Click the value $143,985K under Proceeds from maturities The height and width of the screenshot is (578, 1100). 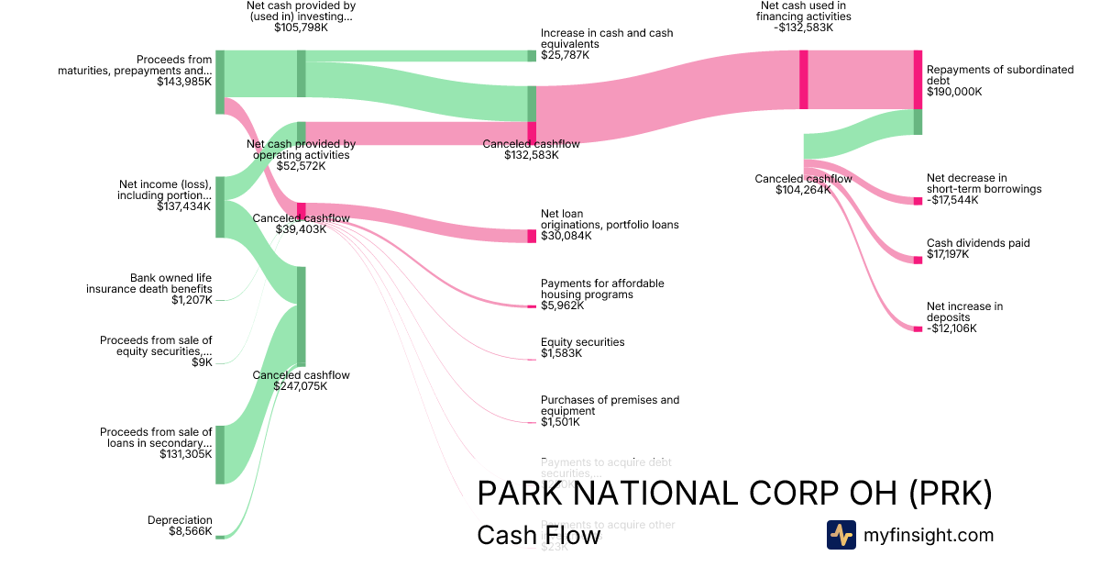184,82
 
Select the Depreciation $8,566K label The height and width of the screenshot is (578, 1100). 180,526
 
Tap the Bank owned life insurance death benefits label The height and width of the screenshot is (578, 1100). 149,288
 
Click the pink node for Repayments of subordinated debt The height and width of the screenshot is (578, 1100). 918,80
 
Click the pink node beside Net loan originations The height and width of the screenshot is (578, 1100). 532,236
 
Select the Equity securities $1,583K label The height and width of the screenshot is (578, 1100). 582,348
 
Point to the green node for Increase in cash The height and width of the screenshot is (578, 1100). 532,56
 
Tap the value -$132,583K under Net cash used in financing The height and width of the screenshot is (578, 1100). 803,28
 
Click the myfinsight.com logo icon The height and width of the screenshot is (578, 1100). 841,535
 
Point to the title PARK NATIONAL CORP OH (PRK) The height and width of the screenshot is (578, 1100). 734,494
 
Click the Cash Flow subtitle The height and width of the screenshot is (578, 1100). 538,536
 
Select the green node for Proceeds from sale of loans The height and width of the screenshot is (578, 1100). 220,442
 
